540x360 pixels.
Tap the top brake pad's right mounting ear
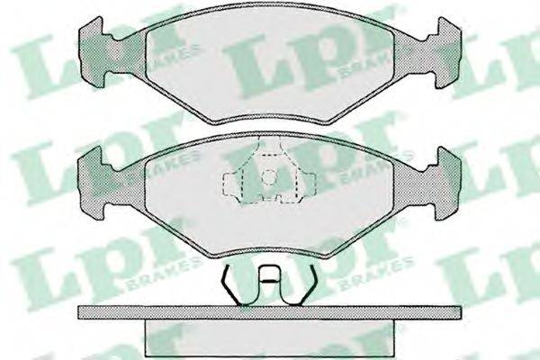pos(447,52)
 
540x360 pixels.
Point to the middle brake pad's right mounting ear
pos(447,184)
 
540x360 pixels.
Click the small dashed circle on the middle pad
pos(269,178)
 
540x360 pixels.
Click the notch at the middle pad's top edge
pos(270,144)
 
